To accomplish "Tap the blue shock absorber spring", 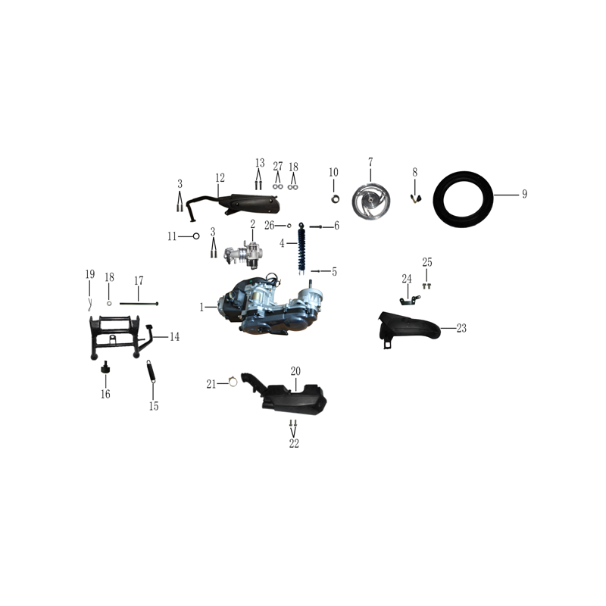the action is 301,248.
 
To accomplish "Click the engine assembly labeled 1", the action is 270,305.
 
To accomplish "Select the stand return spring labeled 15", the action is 151,371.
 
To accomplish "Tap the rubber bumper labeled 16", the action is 105,367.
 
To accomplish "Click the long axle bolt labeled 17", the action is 139,304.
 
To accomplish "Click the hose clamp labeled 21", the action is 233,382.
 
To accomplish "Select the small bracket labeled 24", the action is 409,300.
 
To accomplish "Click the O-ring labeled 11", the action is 196,236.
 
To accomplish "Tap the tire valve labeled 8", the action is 416,199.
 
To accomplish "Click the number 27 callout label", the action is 278,166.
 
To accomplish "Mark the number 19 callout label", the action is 90,274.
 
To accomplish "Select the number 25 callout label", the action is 427,262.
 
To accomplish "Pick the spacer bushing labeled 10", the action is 335,199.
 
